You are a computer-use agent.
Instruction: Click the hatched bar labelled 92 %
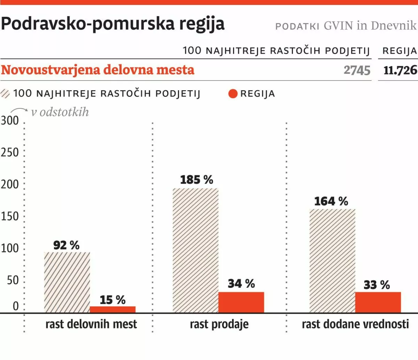click(67, 282)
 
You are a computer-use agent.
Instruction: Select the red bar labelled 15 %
click(113, 309)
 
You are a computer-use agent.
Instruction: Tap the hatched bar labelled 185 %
click(195, 250)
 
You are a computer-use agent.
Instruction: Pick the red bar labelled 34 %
click(241, 302)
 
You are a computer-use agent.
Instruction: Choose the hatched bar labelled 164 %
click(332, 261)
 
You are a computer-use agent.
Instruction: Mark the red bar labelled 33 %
click(378, 302)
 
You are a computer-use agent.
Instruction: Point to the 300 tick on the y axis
click(10, 121)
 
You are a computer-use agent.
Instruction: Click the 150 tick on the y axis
click(10, 216)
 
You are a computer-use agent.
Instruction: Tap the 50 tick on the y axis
click(13, 280)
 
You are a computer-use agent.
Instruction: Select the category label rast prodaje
click(219, 324)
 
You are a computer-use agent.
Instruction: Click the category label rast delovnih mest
click(91, 324)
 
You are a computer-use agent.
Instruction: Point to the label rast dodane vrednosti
click(355, 324)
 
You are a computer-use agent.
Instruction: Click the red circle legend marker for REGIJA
click(233, 94)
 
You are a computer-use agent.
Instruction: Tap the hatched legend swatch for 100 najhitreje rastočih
click(6, 94)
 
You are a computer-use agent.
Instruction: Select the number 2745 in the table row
click(357, 70)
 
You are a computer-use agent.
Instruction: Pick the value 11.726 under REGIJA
click(400, 70)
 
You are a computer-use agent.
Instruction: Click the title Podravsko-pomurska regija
click(113, 24)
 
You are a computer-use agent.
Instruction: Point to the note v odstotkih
click(60, 112)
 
